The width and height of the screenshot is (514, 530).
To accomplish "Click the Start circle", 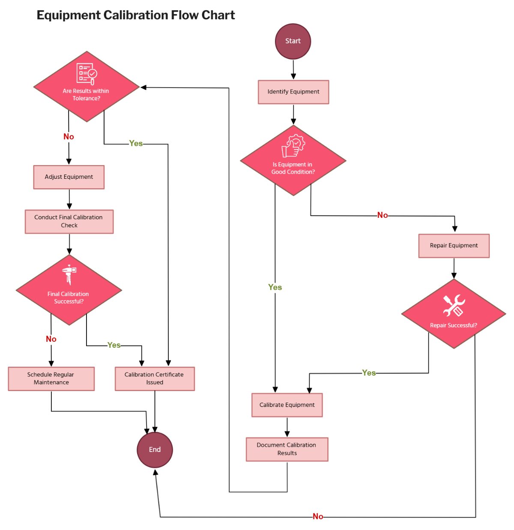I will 293,41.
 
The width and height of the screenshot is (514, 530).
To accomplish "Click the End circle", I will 155,449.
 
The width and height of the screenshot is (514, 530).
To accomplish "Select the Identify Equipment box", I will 293,92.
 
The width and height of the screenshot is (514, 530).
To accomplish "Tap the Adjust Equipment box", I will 69,177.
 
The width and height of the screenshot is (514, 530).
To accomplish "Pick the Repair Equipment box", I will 454,246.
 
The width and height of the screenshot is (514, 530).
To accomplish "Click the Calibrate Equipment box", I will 287,405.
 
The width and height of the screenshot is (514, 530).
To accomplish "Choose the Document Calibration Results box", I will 287,449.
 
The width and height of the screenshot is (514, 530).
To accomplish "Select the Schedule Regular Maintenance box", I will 51,379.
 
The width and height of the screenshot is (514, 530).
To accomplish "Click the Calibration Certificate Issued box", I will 155,379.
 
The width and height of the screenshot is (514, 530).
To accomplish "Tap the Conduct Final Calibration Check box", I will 69,221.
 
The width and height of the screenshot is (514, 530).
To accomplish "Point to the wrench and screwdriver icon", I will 454,305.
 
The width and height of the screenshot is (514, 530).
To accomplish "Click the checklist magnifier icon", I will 87,74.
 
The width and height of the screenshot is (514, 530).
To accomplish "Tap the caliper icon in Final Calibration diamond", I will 69,274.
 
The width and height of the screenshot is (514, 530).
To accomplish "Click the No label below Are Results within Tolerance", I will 69,137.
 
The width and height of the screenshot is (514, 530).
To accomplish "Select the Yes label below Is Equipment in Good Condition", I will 275,287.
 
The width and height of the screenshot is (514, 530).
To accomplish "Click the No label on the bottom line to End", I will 318,516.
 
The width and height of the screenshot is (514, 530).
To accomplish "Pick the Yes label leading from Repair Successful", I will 369,373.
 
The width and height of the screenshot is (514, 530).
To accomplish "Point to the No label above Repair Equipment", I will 383,215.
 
